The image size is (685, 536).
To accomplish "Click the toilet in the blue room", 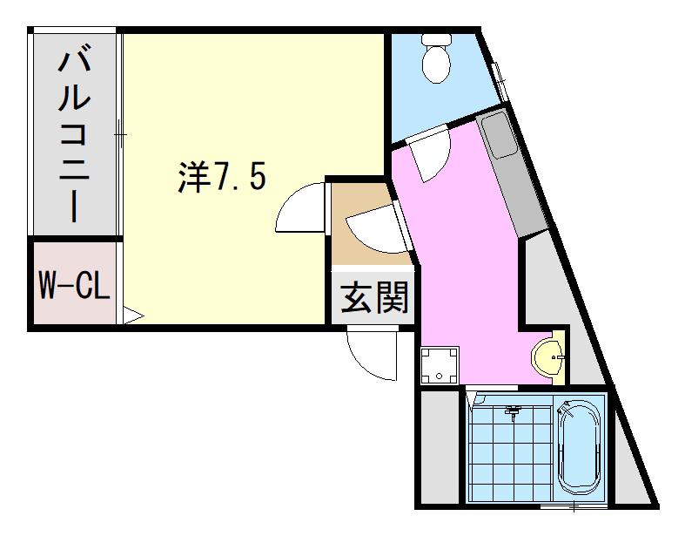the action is coord(436,58).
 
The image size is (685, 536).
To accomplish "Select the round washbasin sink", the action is coord(546,357).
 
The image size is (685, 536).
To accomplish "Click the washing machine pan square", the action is coord(440,365).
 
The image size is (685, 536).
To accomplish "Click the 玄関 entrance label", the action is coord(374,297).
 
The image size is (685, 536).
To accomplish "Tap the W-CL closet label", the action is coord(74,284).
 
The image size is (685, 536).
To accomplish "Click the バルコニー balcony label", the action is coord(74,137).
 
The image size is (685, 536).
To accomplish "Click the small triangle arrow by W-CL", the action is coord(133,315).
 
